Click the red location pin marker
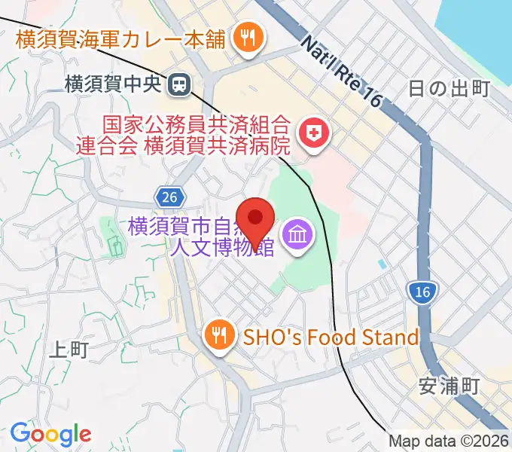pyautogui.click(x=256, y=219)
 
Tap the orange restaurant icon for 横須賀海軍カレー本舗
pyautogui.click(x=246, y=35)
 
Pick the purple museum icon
pyautogui.click(x=297, y=237)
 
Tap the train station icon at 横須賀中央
pyautogui.click(x=179, y=84)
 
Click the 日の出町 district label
pyautogui.click(x=450, y=89)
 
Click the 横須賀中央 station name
pyautogui.click(x=113, y=84)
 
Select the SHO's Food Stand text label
pyautogui.click(x=330, y=337)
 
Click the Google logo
pyautogui.click(x=50, y=433)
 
